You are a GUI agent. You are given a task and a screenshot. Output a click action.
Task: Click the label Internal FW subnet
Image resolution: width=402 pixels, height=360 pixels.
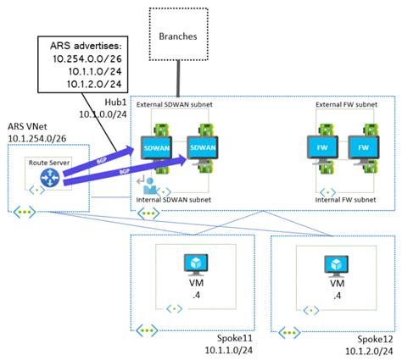coord(343,199)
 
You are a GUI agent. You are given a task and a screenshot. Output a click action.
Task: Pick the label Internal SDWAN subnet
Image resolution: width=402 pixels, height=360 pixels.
coord(181,199)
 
